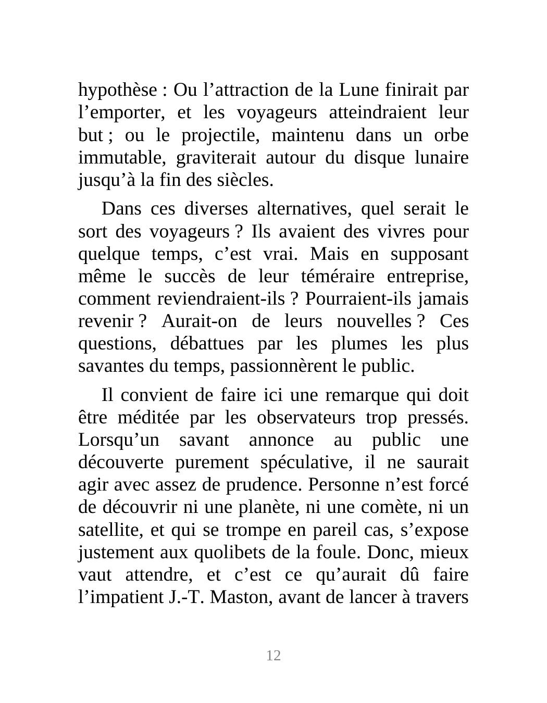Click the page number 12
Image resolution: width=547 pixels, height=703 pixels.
pos(273,656)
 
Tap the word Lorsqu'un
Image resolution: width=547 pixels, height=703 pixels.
pos(119,440)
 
